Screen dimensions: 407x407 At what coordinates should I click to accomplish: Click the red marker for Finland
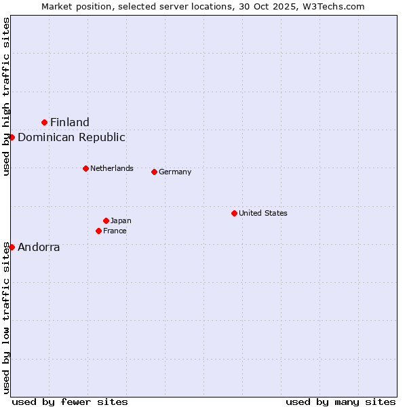[x=45, y=122]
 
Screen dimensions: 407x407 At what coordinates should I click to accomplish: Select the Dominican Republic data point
[x=12, y=137]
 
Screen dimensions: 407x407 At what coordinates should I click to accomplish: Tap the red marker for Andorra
[x=12, y=247]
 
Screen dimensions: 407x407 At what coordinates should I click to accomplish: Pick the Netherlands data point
[x=85, y=168]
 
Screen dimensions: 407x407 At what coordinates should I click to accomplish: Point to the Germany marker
[x=154, y=172]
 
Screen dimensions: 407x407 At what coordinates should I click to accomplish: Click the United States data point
[x=234, y=213]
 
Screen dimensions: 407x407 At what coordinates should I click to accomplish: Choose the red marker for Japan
[x=106, y=220]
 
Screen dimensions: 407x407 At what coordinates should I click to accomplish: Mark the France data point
[x=98, y=231]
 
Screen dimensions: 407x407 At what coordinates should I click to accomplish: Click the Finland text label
[x=70, y=122]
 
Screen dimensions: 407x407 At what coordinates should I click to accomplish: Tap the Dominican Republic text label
[x=71, y=137]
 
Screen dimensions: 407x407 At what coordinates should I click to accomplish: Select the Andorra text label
[x=39, y=247]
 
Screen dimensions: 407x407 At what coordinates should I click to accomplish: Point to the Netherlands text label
[x=112, y=168]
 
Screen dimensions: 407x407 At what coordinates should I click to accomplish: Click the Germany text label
[x=175, y=172]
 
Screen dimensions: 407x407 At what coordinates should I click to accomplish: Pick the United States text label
[x=263, y=213]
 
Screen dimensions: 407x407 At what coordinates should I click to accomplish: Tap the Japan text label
[x=121, y=220]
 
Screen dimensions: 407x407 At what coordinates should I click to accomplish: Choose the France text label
[x=115, y=231]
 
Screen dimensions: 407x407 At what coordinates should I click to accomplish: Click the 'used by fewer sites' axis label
[x=70, y=402]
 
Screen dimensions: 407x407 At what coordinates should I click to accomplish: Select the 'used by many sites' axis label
[x=341, y=402]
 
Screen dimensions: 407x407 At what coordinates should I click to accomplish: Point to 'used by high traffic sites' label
[x=6, y=96]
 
